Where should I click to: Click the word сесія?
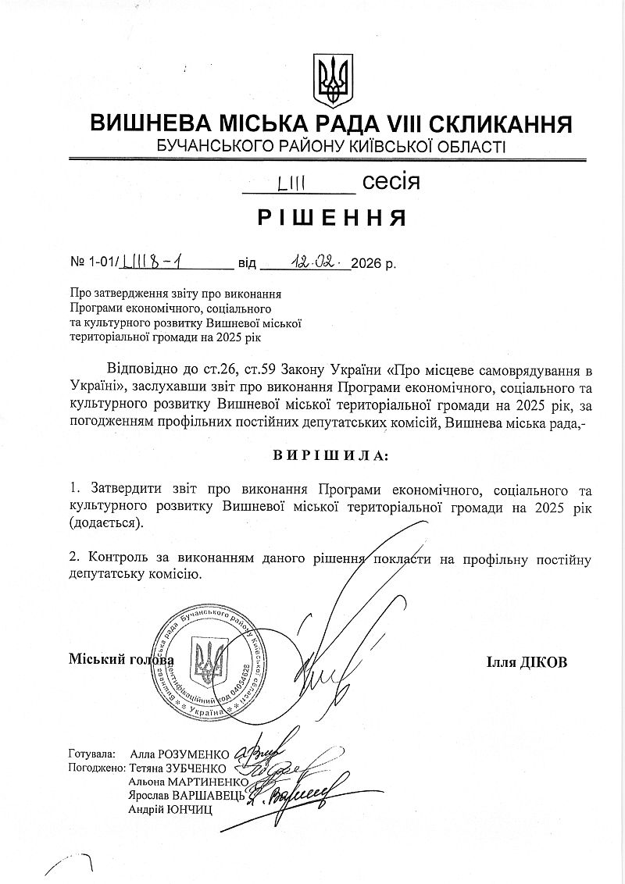click(x=391, y=183)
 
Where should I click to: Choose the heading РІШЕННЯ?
click(x=332, y=218)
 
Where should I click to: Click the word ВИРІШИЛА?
click(x=331, y=454)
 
